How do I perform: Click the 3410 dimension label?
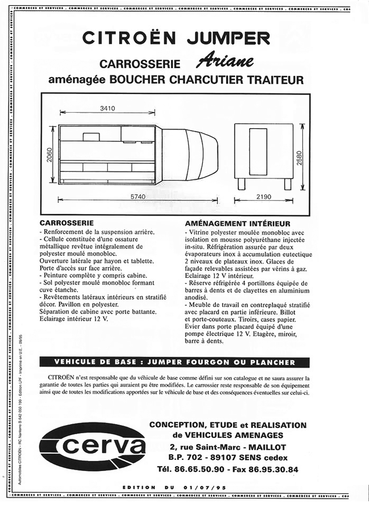[107, 108]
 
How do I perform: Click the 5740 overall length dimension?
[137, 197]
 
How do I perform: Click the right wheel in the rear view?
[287, 184]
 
